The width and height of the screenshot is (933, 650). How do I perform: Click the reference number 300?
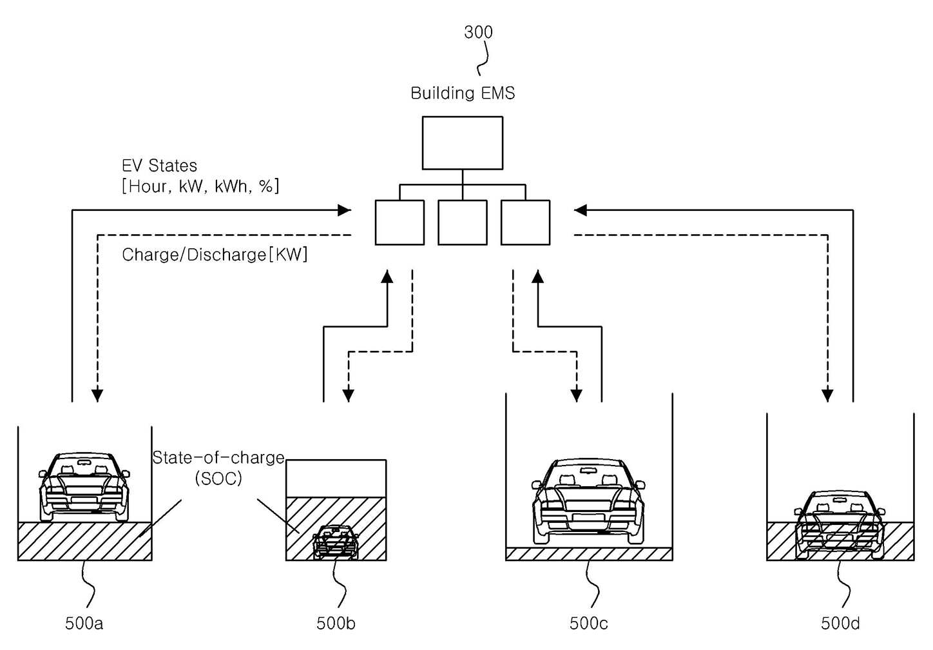tap(478, 32)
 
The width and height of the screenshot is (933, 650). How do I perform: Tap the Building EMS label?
tap(463, 93)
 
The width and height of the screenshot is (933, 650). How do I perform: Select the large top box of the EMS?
tap(463, 143)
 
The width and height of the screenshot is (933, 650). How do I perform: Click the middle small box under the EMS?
tap(463, 222)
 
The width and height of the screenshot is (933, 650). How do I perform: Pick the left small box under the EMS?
tap(399, 222)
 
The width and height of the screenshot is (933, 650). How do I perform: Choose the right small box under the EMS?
tap(525, 222)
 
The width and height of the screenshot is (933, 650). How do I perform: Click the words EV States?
tap(159, 166)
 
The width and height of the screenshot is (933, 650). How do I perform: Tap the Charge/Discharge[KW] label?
tap(215, 255)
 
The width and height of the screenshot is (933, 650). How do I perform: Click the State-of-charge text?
tap(218, 458)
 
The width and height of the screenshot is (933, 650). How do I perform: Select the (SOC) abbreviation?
tap(218, 478)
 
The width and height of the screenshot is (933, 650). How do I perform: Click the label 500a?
tap(84, 624)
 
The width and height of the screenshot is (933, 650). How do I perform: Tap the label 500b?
tap(336, 624)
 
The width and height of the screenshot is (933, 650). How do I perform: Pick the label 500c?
tap(588, 624)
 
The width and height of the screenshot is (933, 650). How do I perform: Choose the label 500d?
tap(840, 624)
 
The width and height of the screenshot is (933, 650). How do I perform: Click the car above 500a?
tap(84, 488)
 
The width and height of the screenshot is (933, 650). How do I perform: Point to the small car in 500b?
tap(335, 542)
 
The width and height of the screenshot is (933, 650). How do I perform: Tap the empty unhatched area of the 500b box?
tap(336, 478)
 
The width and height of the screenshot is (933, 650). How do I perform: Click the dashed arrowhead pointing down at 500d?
tap(827, 395)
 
